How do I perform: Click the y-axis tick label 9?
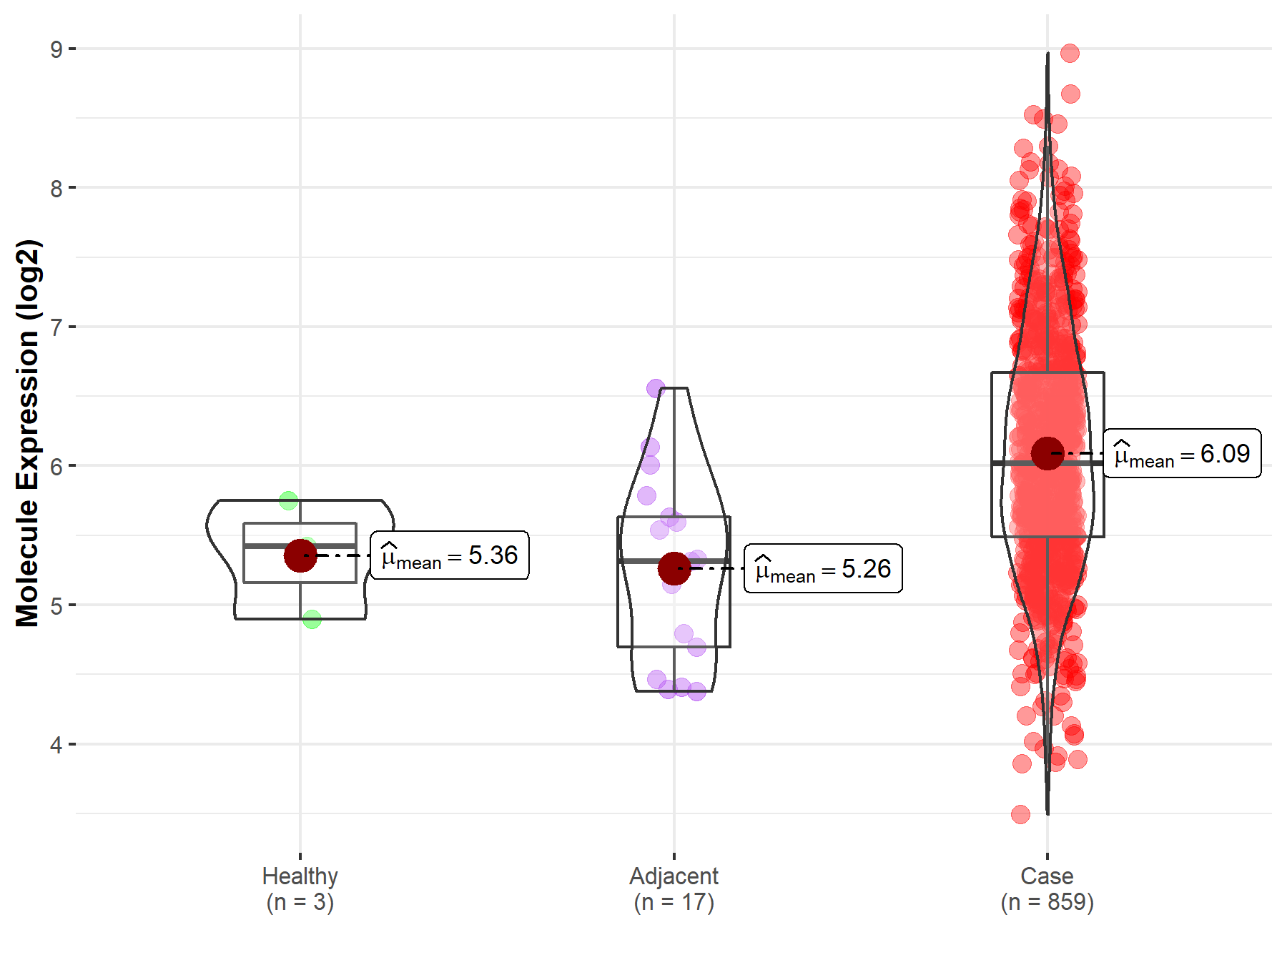click(x=56, y=49)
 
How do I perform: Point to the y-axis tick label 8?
click(x=56, y=189)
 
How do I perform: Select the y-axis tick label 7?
click(x=56, y=327)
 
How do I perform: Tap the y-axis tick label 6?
click(x=56, y=467)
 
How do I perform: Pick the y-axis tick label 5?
click(x=56, y=605)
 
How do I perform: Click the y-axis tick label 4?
click(x=56, y=745)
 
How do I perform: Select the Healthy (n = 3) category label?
click(x=300, y=889)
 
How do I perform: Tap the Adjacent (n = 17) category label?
click(x=674, y=889)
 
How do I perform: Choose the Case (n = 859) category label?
click(x=1047, y=889)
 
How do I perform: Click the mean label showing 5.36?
click(x=450, y=555)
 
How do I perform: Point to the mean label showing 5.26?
click(x=823, y=569)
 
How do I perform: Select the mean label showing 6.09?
click(x=1182, y=454)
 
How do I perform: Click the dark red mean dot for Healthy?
click(x=300, y=555)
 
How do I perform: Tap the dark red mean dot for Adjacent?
click(x=674, y=568)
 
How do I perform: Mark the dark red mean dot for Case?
click(x=1047, y=453)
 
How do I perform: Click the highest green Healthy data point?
click(x=289, y=500)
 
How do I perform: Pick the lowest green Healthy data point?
click(x=312, y=619)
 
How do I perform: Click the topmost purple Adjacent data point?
click(x=656, y=389)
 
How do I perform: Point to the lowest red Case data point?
click(x=1020, y=814)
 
